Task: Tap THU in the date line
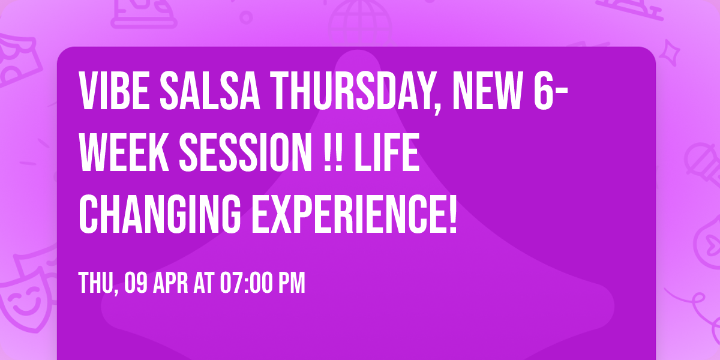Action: click(x=97, y=283)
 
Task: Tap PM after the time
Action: click(x=290, y=283)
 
